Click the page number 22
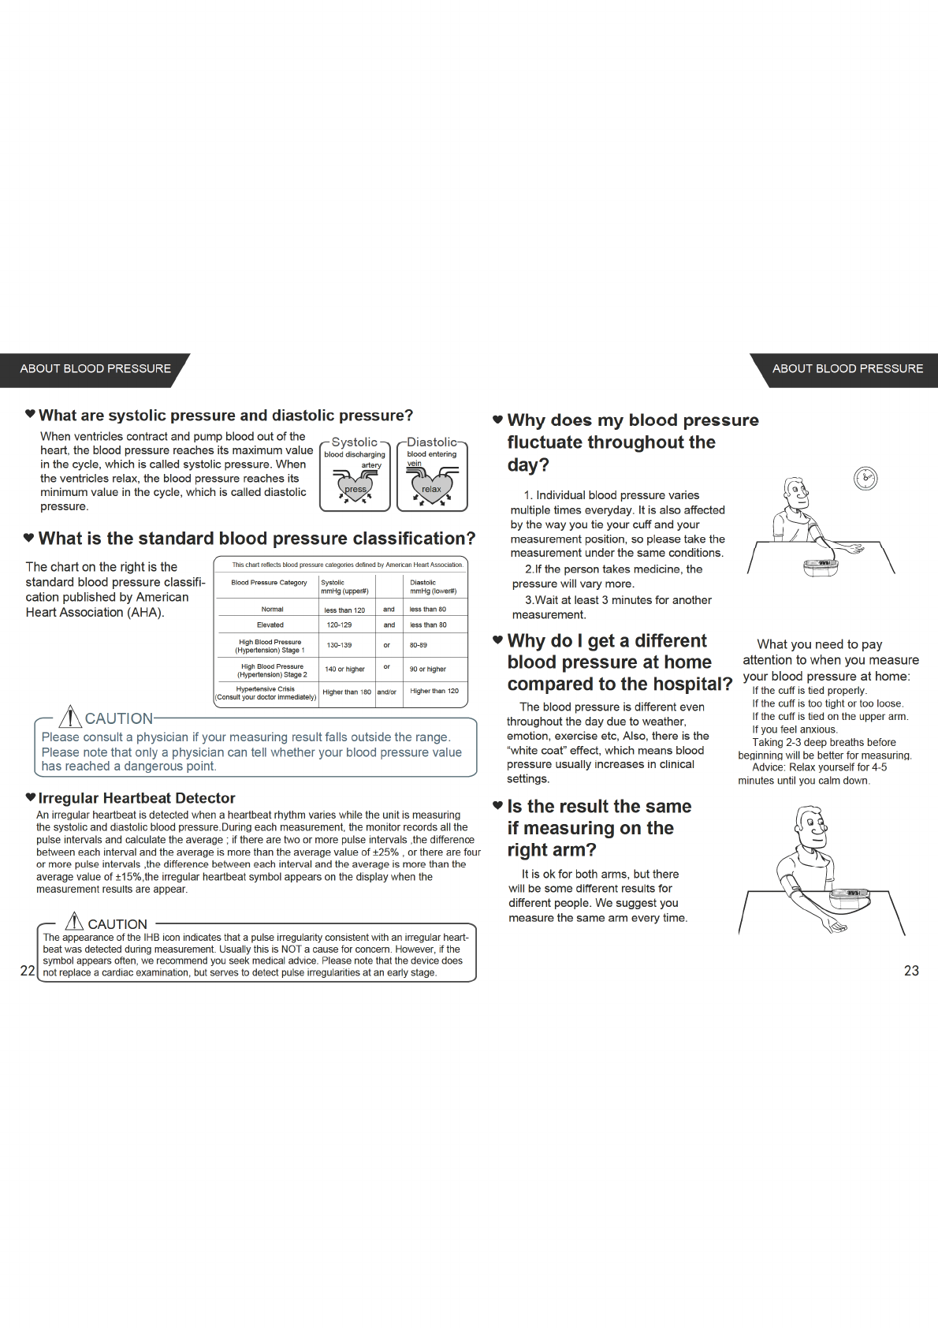28,971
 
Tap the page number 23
911,971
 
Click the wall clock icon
865,478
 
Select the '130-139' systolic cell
339,645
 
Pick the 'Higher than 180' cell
347,692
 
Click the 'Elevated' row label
270,625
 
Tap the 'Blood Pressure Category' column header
269,583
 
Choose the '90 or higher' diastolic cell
428,669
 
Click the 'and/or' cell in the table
387,692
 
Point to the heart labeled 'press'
355,487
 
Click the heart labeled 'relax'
431,487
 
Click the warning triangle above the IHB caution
74,921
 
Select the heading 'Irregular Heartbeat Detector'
136,798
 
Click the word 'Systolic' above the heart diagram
354,442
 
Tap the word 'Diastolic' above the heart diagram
431,442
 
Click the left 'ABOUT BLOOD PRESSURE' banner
95,369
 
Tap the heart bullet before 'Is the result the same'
497,805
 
